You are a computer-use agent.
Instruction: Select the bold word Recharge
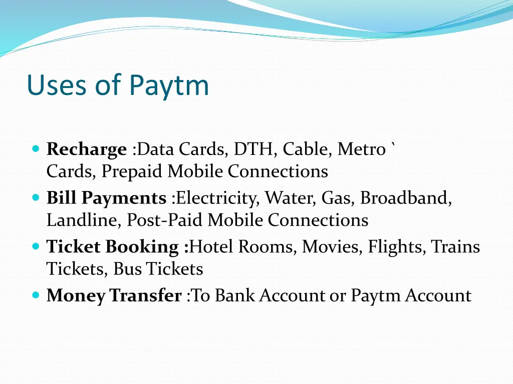(x=87, y=149)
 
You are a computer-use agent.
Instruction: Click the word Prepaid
(x=132, y=171)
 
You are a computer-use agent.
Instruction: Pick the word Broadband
(x=406, y=198)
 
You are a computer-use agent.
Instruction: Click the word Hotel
(x=212, y=247)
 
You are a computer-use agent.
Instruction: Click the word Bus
(x=128, y=269)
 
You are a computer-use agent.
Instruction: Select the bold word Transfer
(x=145, y=295)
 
